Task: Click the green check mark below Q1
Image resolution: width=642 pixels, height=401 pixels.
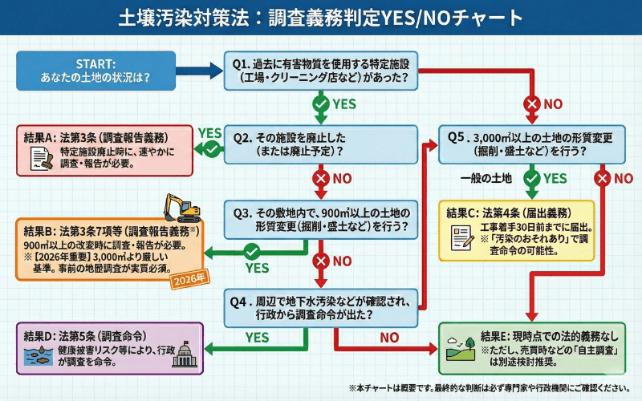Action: click(320, 103)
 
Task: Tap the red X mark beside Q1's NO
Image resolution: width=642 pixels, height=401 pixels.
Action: click(530, 103)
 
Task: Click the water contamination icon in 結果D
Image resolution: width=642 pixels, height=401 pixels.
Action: click(36, 354)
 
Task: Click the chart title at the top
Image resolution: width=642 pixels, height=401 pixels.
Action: click(321, 17)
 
